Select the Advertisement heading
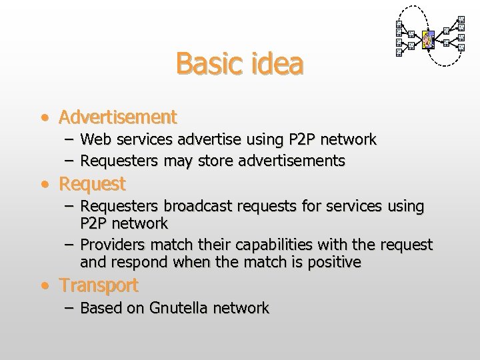pyautogui.click(x=117, y=117)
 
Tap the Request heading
pyautogui.click(x=92, y=183)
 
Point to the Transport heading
pyautogui.click(x=99, y=285)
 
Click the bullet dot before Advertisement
pyautogui.click(x=43, y=119)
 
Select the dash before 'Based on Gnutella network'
pyautogui.click(x=70, y=308)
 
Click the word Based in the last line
pyautogui.click(x=99, y=308)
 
